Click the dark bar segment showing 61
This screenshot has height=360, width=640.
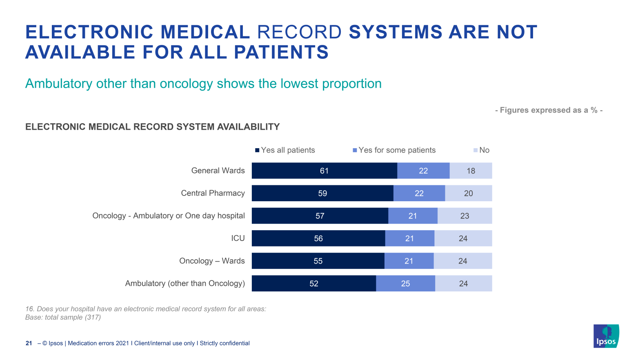(324, 171)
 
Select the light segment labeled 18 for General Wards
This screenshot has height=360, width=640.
(471, 171)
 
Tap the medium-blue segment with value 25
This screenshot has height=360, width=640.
(405, 283)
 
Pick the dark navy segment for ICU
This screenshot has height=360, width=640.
(318, 238)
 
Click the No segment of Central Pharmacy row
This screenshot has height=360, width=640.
(468, 193)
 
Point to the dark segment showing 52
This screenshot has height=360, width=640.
(313, 283)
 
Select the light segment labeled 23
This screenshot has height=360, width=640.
(464, 216)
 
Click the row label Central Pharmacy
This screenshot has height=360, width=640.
(213, 193)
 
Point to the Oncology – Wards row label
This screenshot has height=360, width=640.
(212, 261)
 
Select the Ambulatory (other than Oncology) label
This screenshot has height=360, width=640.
(185, 283)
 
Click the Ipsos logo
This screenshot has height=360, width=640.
(606, 336)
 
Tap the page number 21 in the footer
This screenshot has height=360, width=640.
(29, 343)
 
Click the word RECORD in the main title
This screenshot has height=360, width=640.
(299, 32)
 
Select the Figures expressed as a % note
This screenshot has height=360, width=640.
(549, 110)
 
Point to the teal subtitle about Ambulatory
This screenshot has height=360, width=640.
(203, 83)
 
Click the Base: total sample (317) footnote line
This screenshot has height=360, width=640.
(63, 317)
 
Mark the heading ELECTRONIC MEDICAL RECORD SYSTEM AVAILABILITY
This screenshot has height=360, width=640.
(152, 127)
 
